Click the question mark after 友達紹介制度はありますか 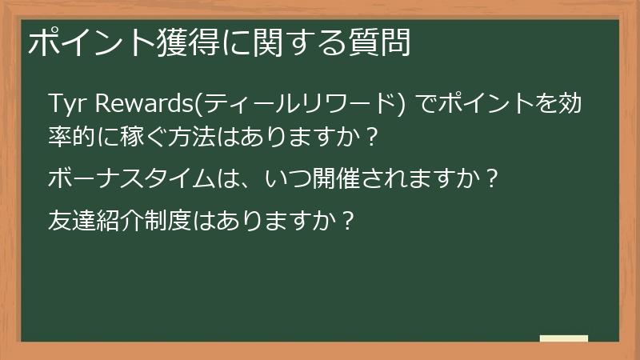click(x=346, y=218)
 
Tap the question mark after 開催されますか click(x=492, y=178)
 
